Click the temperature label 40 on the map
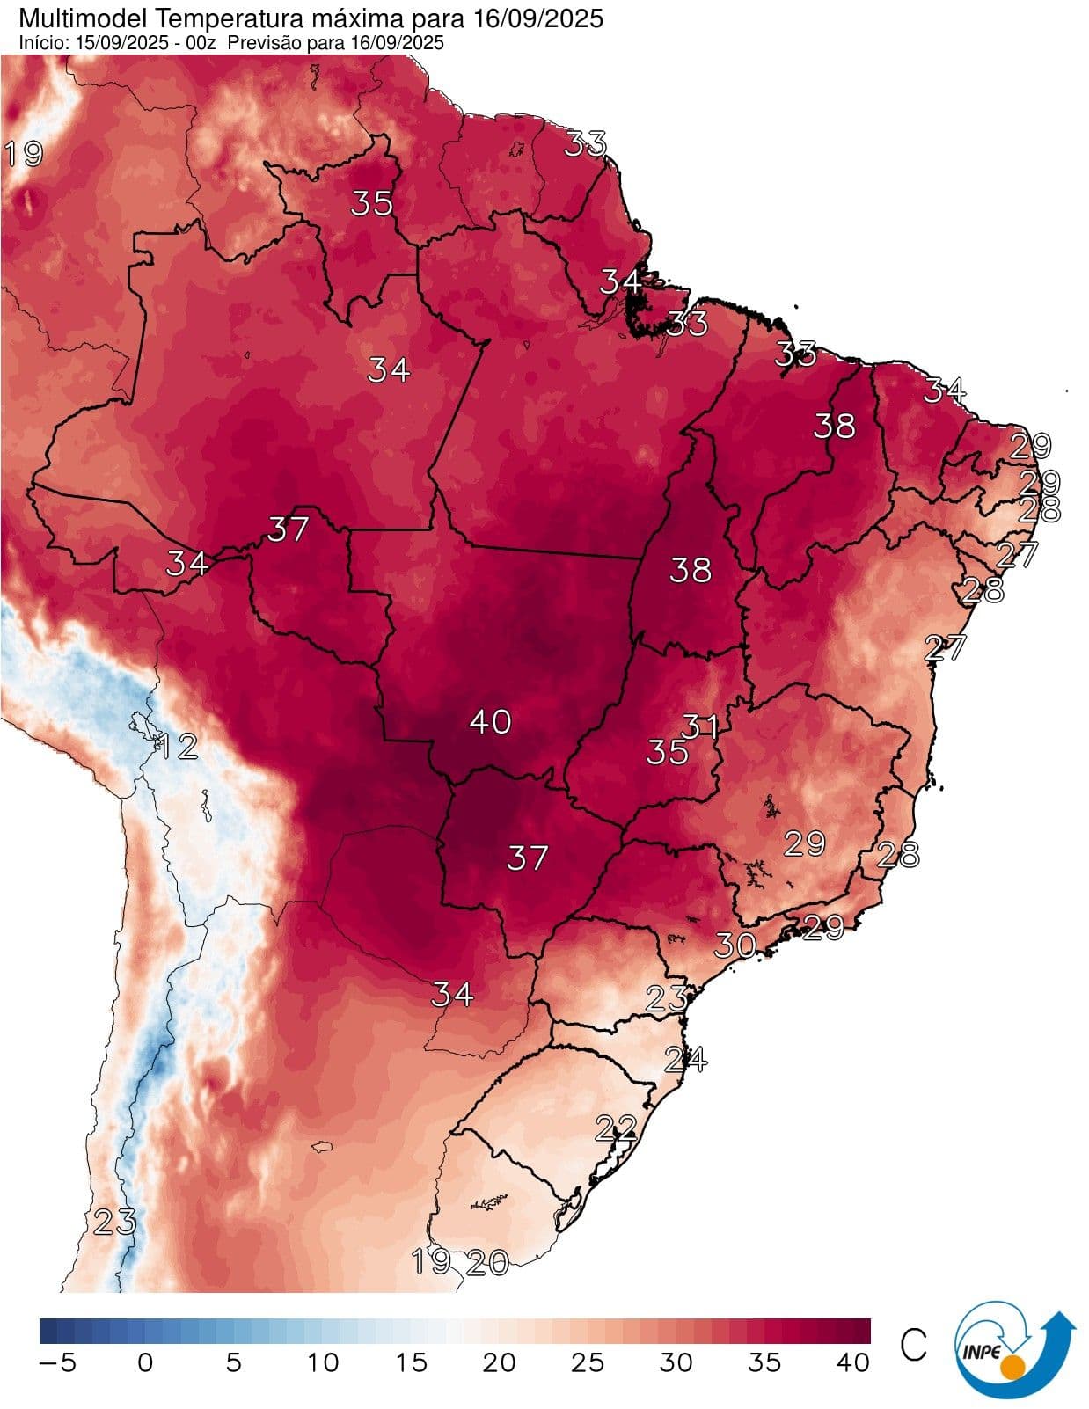click(490, 722)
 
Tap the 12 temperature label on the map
click(177, 747)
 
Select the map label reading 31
click(700, 726)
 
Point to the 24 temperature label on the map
click(685, 1059)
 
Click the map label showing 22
click(616, 1128)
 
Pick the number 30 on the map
click(735, 945)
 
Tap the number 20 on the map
click(487, 1263)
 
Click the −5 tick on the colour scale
click(58, 1362)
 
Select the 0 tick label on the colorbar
click(145, 1362)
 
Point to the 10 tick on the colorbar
click(322, 1362)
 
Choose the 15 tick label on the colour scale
click(410, 1362)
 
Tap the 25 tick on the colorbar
click(588, 1362)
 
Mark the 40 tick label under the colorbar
click(852, 1362)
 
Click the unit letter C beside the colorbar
click(914, 1345)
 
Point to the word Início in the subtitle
click(40, 42)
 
